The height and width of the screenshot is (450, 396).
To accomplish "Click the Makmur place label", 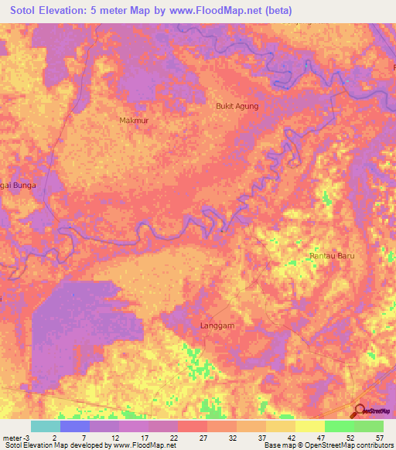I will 133,121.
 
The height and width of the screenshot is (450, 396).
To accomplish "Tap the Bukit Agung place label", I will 236,106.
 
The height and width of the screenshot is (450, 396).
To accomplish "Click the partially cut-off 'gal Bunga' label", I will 19,196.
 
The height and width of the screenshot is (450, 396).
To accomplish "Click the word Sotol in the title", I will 29,11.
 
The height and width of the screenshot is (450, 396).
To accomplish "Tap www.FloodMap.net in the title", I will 234,11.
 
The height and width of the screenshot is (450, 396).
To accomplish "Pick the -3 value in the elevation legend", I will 26,437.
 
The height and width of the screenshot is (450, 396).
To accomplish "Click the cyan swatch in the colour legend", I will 45,426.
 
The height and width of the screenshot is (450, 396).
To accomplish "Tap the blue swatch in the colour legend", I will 74,426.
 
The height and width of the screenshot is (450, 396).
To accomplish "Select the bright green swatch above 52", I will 339,426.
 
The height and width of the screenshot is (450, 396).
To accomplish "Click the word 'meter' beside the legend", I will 11,437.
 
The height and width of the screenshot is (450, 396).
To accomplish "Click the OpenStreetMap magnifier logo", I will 358,411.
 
